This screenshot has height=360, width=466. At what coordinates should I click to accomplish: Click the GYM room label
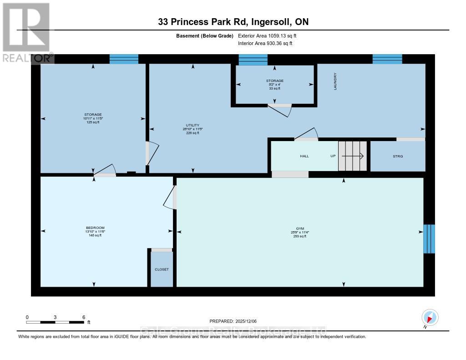click(299, 228)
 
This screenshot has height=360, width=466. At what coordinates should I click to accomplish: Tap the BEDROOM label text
click(95, 228)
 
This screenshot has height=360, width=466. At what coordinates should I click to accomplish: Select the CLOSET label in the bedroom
click(162, 269)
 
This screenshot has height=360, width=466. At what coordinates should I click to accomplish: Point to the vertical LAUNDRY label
click(335, 81)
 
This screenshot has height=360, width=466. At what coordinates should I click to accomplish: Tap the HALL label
click(304, 156)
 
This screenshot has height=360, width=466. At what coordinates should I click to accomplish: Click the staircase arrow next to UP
click(353, 156)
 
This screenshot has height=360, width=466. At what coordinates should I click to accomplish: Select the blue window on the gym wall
click(429, 238)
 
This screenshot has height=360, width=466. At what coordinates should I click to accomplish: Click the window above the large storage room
click(124, 59)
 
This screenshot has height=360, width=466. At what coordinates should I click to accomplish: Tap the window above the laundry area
click(387, 59)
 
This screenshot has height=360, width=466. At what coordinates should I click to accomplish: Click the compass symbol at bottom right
click(430, 317)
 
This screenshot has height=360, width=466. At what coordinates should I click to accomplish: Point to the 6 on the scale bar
click(83, 317)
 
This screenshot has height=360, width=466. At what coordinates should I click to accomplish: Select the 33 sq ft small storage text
click(274, 88)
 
